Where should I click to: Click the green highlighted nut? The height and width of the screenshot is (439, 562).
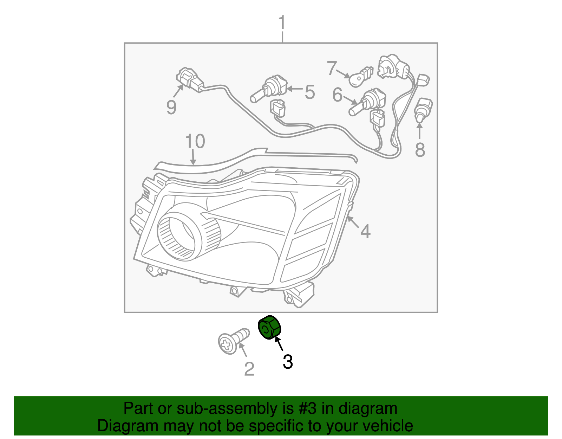point(269,328)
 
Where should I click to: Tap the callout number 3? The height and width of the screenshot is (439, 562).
point(288,362)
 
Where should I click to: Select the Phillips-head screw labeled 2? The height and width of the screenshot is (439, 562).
point(232,340)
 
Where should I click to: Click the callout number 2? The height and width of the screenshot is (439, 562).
point(249,369)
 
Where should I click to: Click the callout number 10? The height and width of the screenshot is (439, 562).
point(195,141)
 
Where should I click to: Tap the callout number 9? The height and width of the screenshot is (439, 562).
point(171,107)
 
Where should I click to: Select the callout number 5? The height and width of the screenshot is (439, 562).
point(309,92)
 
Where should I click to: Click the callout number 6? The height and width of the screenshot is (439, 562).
point(337,95)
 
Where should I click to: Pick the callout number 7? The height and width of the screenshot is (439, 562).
point(332,68)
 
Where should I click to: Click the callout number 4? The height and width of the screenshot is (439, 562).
point(365,232)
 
